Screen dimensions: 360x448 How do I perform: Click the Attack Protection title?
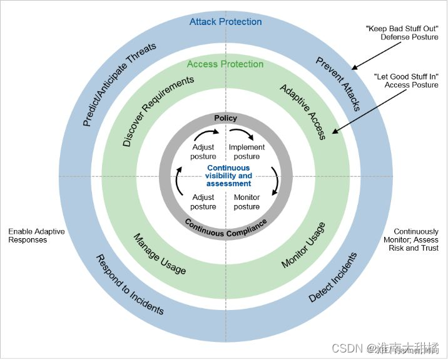pyautogui.click(x=225, y=22)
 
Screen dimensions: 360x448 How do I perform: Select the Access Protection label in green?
pyautogui.click(x=225, y=64)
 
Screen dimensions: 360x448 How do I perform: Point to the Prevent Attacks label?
pyautogui.click(x=338, y=84)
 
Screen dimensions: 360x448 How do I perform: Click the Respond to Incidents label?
pyautogui.click(x=129, y=284)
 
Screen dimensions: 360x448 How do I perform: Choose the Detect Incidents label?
pyautogui.click(x=333, y=277)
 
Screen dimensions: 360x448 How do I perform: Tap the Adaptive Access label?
pyautogui.click(x=303, y=112)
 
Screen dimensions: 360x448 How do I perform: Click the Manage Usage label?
pyautogui.click(x=160, y=253)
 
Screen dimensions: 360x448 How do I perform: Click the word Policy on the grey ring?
pyautogui.click(x=225, y=118)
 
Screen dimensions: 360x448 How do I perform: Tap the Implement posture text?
pyautogui.click(x=247, y=152)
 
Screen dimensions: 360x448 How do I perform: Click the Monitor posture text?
pyautogui.click(x=247, y=202)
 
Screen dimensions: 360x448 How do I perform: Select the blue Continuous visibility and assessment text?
pyautogui.click(x=228, y=176)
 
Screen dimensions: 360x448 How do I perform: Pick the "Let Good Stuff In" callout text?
pyautogui.click(x=406, y=81)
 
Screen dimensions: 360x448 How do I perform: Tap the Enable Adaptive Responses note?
pyautogui.click(x=36, y=236)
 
